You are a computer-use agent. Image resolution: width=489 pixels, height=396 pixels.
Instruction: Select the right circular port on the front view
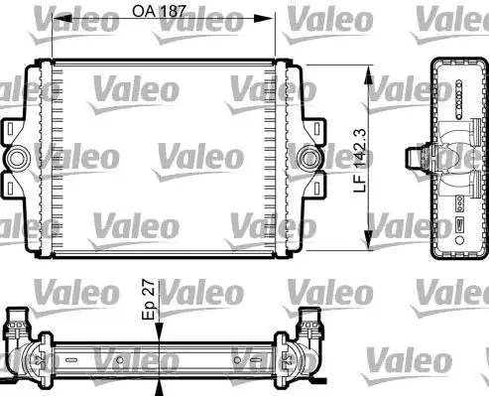pyautogui.click(x=309, y=158)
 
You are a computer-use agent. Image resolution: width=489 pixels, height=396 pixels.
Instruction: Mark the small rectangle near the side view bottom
pyautogui.click(x=460, y=228)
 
